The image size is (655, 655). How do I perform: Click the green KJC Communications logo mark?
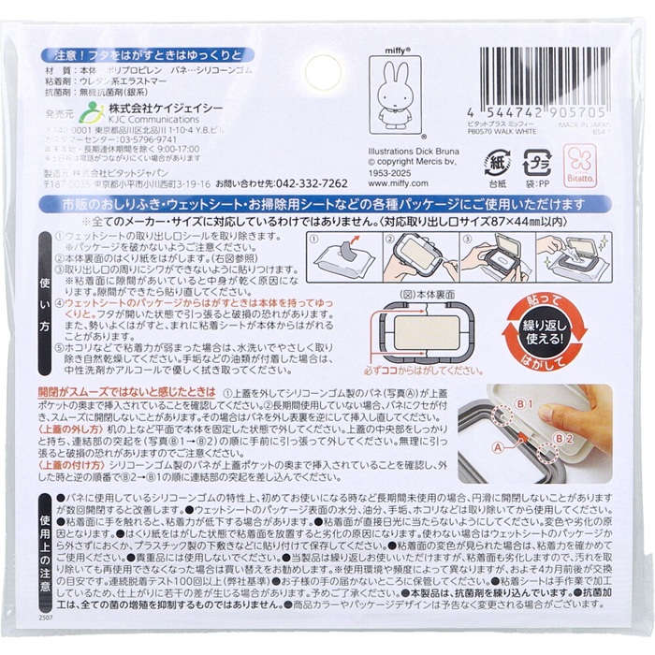tap(92, 114)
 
